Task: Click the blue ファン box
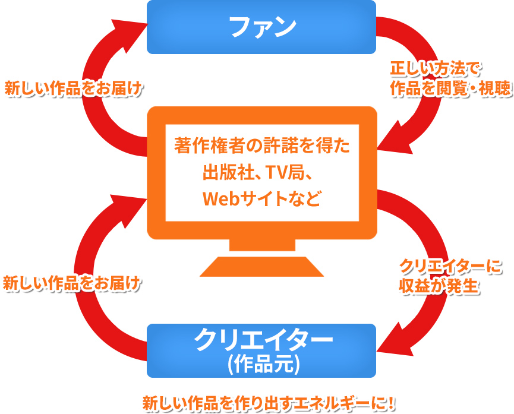[261, 27]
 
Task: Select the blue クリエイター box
[261, 350]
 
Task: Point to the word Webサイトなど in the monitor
[262, 198]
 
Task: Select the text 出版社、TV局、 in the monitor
[262, 172]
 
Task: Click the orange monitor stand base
[261, 267]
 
